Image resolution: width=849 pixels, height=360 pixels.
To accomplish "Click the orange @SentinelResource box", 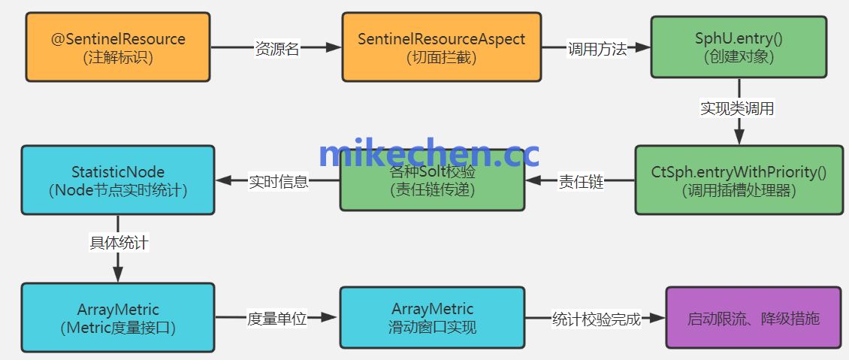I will click(118, 47).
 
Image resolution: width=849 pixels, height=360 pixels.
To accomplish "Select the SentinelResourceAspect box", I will click(441, 47).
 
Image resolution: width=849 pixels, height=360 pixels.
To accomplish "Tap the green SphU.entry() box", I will click(739, 47).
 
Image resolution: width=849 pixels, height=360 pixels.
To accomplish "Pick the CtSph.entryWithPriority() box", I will click(739, 180).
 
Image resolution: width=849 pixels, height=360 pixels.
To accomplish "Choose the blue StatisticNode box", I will click(118, 180).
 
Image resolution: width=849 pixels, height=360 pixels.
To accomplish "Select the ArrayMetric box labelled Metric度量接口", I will click(118, 318).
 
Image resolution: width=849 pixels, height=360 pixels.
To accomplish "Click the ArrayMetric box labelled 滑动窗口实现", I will click(432, 318).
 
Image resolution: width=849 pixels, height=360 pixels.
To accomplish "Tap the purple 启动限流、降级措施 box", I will click(753, 318).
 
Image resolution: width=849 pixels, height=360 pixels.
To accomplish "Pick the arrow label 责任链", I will click(581, 182).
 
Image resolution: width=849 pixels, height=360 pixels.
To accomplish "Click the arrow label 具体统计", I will click(119, 243).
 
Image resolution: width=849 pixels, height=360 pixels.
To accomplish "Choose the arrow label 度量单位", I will click(277, 319).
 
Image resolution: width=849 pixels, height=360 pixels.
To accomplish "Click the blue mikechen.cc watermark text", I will click(428, 153).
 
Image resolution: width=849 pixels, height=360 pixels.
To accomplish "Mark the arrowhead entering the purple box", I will click(659, 318).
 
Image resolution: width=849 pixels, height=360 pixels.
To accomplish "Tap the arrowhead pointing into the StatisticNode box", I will click(223, 180).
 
